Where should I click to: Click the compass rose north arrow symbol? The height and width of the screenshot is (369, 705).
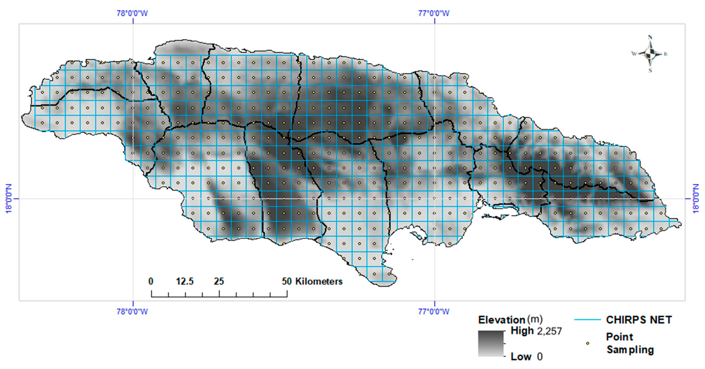(650, 54)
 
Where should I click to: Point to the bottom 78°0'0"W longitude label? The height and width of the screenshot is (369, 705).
(132, 311)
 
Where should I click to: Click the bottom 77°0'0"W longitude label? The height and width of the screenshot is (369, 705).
(434, 311)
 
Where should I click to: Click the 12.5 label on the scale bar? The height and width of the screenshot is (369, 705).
(185, 281)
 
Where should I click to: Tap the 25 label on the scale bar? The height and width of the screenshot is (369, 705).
(219, 281)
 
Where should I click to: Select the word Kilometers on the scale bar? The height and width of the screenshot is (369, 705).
(319, 281)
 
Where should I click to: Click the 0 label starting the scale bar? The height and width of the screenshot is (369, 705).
(151, 281)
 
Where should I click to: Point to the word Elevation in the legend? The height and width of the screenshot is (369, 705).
(501, 320)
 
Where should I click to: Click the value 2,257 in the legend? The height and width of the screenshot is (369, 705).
(550, 331)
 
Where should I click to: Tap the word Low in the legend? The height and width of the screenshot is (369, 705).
(521, 357)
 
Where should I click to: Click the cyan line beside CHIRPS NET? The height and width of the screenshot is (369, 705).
(587, 320)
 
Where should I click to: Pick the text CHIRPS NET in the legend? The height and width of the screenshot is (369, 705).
(639, 320)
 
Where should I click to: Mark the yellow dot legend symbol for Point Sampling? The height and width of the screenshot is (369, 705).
(587, 343)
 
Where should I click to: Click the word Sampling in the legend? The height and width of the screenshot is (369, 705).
(630, 350)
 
